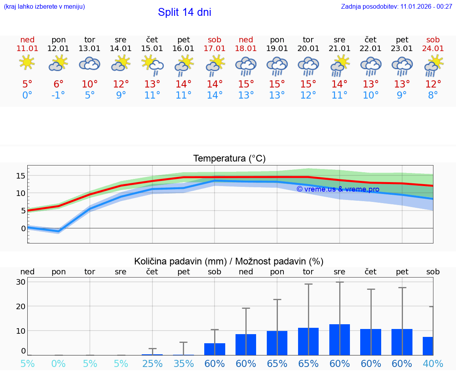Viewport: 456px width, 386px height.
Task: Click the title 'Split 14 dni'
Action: [x=184, y=12]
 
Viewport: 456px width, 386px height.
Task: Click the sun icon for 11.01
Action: [x=27, y=63]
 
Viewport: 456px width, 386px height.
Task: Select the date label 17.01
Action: [x=215, y=48]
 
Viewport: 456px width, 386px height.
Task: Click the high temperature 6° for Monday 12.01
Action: [x=59, y=84]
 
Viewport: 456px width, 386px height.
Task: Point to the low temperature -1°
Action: [x=59, y=95]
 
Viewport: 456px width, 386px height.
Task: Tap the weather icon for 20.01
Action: [x=308, y=66]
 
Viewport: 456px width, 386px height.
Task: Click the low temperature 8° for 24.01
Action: [x=433, y=95]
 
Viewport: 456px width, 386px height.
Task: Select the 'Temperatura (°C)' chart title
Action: [x=229, y=159]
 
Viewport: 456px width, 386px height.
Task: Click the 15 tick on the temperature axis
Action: [x=21, y=175]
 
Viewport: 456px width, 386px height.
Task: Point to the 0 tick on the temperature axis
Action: [x=23, y=228]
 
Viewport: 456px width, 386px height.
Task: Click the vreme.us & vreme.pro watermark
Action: [x=338, y=189]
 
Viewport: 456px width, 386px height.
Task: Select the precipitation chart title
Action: [x=229, y=261]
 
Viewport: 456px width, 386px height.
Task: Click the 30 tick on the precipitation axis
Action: [x=21, y=282]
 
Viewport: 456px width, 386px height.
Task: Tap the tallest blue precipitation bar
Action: [x=340, y=339]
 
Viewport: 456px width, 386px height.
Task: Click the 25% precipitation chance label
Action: [x=152, y=363]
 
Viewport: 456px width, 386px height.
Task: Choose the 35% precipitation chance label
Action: [x=184, y=363]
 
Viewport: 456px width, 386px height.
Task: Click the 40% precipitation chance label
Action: [x=433, y=363]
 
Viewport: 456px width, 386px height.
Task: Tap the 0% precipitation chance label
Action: [x=59, y=363]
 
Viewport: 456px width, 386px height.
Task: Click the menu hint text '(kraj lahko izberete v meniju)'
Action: [x=44, y=7]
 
